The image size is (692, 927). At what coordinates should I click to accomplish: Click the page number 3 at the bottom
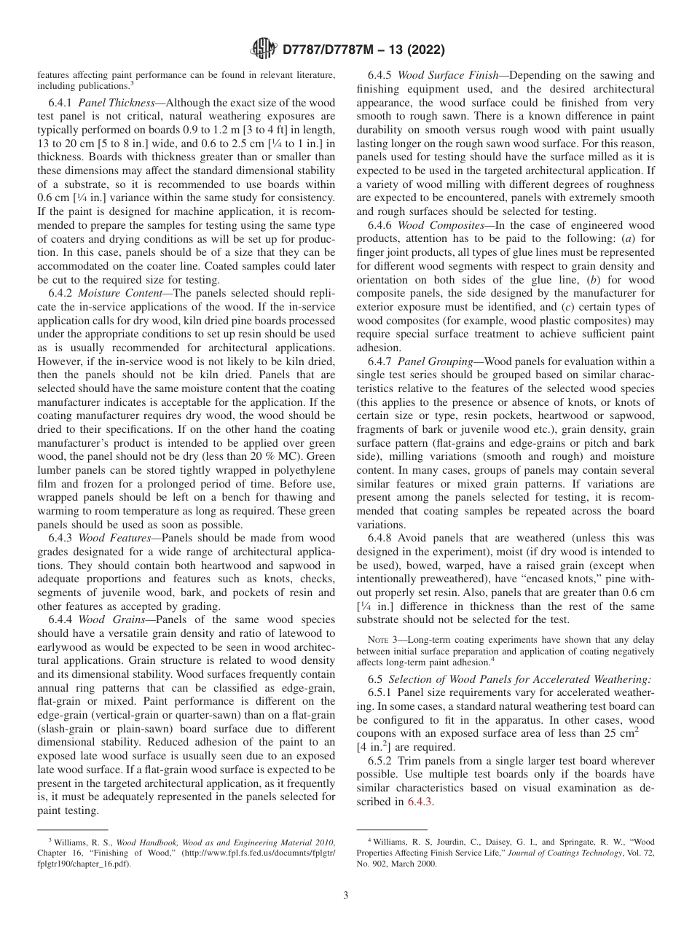point(346,895)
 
